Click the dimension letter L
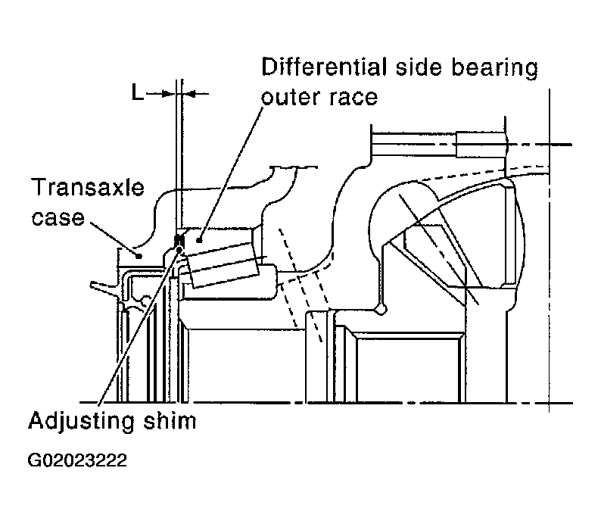click(137, 92)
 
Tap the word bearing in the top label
click(495, 68)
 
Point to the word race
click(353, 98)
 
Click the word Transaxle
click(89, 187)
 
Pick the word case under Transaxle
click(58, 218)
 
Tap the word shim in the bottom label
click(170, 420)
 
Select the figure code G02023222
click(77, 460)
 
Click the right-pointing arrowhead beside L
click(168, 93)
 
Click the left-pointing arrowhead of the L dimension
click(189, 93)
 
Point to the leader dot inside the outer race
click(199, 240)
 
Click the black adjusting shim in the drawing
click(179, 242)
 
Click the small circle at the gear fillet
click(381, 309)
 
